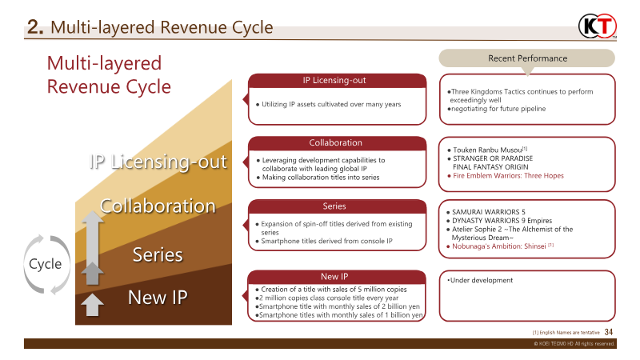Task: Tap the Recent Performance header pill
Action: point(527,58)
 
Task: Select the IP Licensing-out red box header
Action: point(336,80)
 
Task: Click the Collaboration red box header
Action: point(336,143)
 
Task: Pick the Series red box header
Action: point(334,206)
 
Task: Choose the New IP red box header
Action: point(336,276)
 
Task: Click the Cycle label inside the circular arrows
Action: point(46,264)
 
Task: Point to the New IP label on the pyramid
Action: point(158,298)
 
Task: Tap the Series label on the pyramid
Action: point(158,255)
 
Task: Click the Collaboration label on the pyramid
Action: point(158,206)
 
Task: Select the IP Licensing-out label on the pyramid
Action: point(158,162)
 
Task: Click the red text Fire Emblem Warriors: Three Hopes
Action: point(509,175)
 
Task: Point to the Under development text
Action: point(481,281)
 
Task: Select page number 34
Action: point(609,332)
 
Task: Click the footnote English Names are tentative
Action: point(566,333)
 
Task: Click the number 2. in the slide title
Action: point(35,28)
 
